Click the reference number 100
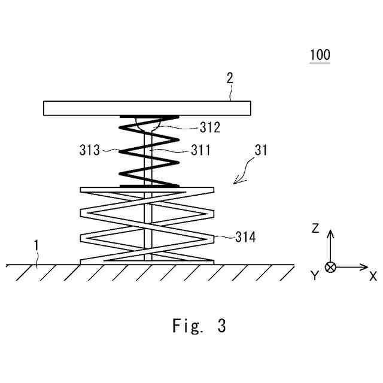pyautogui.click(x=320, y=55)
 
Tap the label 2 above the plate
pyautogui.click(x=230, y=78)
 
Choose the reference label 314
pyautogui.click(x=245, y=238)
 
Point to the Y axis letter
pyautogui.click(x=313, y=276)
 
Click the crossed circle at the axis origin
pyautogui.click(x=330, y=267)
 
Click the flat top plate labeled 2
pyautogui.click(x=147, y=108)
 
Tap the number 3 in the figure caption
pyautogui.click(x=221, y=326)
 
